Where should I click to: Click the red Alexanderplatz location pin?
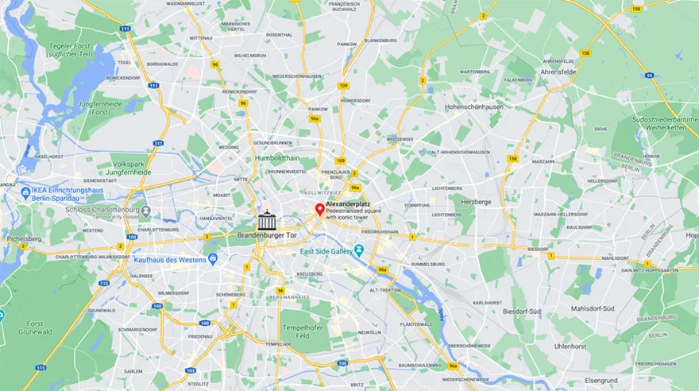319,209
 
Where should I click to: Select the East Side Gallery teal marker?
359,251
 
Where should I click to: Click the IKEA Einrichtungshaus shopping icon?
25,192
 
